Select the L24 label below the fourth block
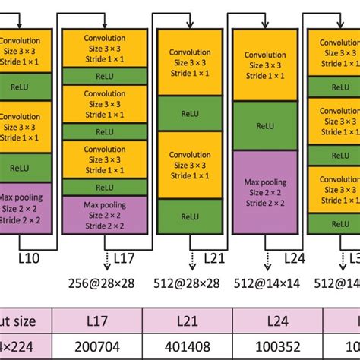pos(295,258)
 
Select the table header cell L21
pos(192,321)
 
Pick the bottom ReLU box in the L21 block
pos(190,215)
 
